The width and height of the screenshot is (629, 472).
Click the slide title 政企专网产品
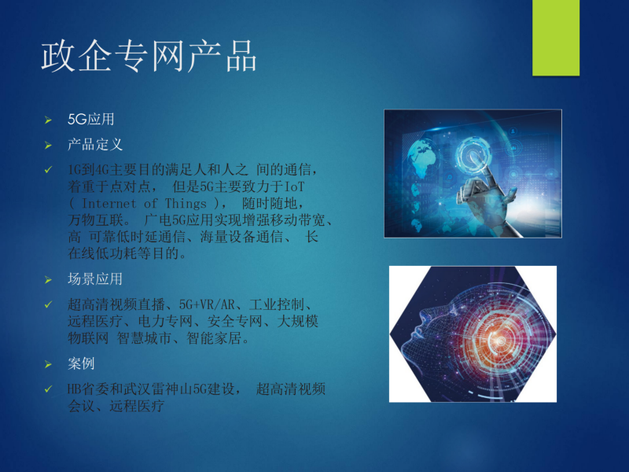[149, 56]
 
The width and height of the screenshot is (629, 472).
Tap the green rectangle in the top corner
[556, 38]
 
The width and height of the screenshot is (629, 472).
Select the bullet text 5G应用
[91, 120]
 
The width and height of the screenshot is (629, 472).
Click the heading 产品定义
[95, 145]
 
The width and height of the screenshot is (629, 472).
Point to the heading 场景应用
[95, 279]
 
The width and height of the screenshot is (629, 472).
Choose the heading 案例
[81, 363]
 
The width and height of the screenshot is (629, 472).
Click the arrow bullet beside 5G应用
[48, 120]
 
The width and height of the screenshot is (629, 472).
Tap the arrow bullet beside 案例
[48, 364]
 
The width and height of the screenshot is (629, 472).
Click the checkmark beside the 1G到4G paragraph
[48, 170]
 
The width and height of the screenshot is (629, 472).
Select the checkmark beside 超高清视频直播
[48, 304]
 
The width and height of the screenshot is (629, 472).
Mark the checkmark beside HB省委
[48, 389]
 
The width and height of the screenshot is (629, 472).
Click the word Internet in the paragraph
[109, 204]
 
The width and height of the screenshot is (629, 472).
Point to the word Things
[186, 204]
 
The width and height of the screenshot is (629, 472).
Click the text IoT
[294, 186]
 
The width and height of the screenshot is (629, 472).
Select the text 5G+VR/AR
[207, 304]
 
